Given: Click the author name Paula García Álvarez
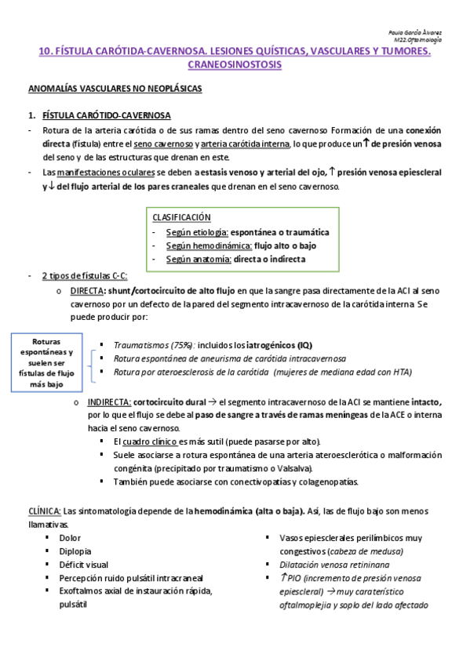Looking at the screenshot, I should pos(415,32).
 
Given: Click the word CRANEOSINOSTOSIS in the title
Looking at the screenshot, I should pos(235,65).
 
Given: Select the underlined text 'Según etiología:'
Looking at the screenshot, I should pos(197,232).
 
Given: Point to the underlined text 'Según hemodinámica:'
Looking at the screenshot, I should pos(203,245).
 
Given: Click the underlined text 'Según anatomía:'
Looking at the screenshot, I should pos(196,259).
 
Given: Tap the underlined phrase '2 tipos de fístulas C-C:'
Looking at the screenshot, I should pos(84,277).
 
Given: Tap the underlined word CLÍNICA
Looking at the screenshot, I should pos(43,511).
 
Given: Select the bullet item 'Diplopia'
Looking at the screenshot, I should pos(75,551).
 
